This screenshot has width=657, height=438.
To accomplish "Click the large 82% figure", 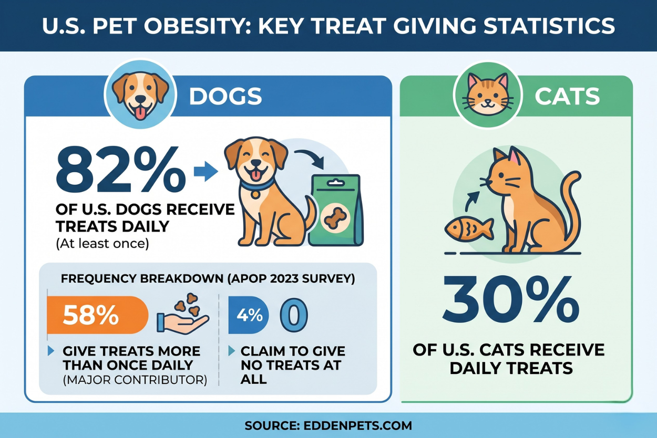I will (120, 171).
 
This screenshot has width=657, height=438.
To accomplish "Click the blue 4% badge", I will (249, 315).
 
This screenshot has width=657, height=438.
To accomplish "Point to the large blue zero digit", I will (293, 315).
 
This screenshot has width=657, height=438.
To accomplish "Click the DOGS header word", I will (225, 96).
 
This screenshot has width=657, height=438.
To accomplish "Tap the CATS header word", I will (567, 96).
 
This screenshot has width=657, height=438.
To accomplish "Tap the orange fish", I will (469, 228).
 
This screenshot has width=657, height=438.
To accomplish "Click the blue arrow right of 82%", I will (206, 171).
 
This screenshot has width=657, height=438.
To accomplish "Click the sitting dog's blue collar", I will (257, 184).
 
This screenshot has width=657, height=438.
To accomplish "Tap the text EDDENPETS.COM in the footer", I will (357, 425).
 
